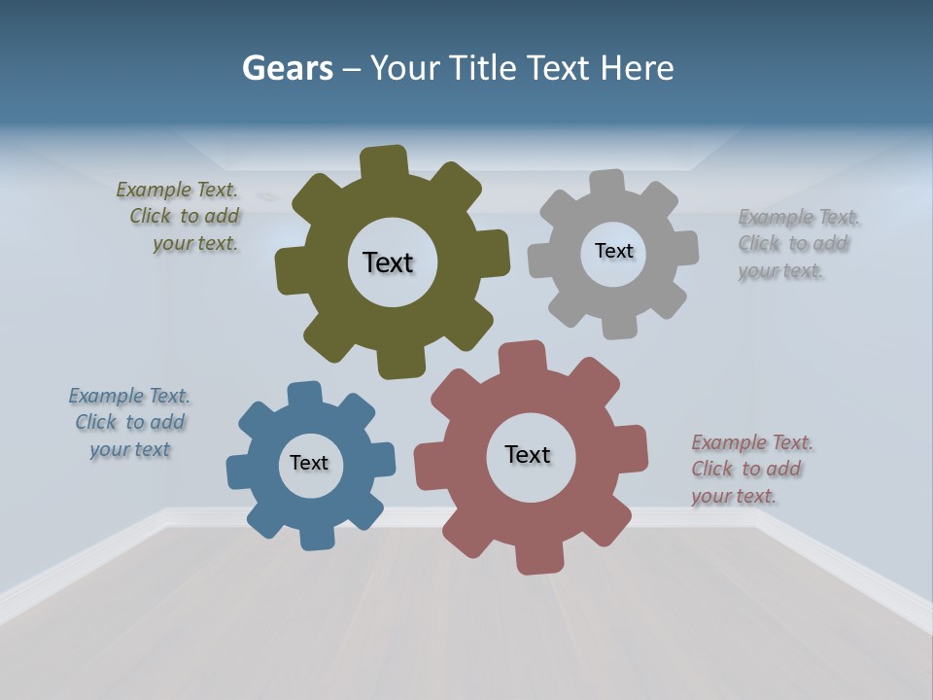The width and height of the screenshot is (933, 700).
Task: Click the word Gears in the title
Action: click(288, 68)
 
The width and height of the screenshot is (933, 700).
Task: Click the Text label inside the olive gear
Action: click(388, 262)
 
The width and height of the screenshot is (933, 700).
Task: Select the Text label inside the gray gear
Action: click(613, 251)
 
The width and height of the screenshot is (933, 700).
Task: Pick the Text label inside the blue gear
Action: click(309, 463)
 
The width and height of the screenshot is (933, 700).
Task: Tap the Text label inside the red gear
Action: click(528, 454)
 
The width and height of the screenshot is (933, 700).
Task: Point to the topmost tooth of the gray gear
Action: click(607, 184)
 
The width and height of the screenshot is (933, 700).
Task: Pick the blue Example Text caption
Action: click(128, 422)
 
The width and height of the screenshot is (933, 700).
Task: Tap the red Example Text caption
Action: click(749, 469)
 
